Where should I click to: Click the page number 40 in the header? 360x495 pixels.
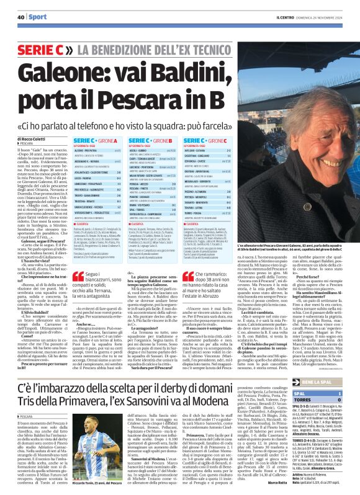[20, 17]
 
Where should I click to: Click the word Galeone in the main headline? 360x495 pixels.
[70, 71]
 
